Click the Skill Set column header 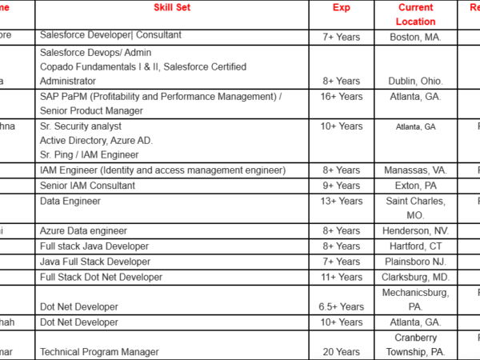(172, 7)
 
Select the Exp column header (342, 7)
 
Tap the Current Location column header (416, 14)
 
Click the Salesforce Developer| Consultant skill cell (110, 35)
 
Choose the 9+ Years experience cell (342, 186)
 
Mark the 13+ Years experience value (342, 201)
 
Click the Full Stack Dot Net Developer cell (101, 277)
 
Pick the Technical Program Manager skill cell (99, 351)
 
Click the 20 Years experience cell (342, 351)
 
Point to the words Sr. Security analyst (80, 126)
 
